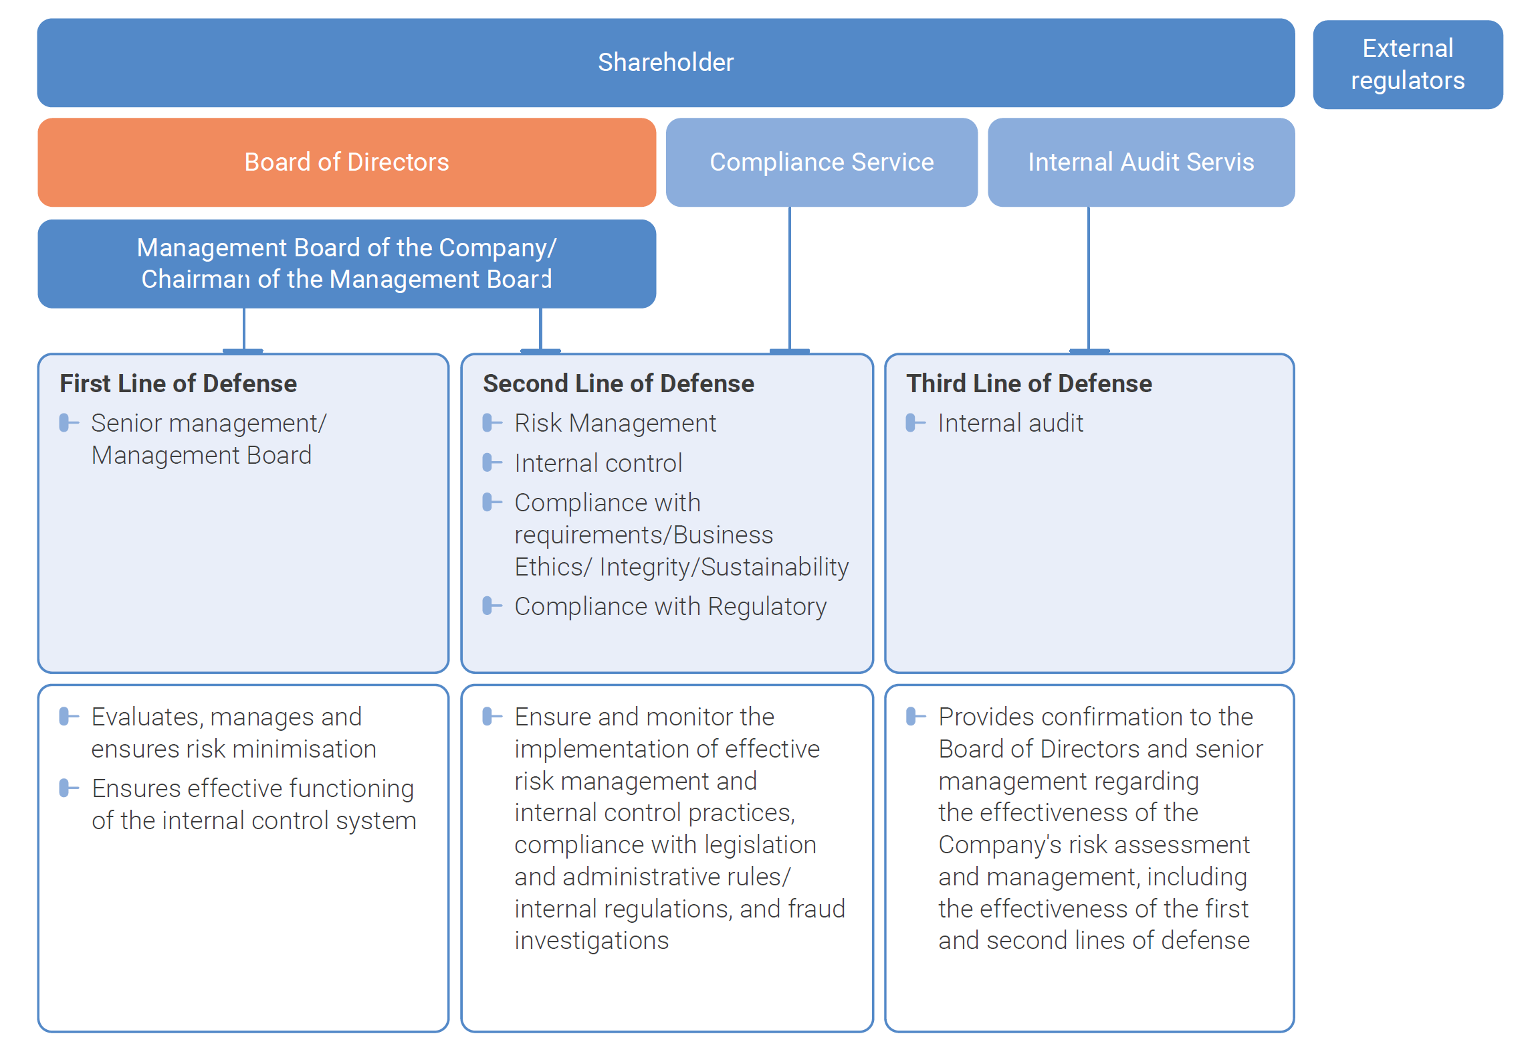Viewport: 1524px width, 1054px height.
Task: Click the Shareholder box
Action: click(665, 62)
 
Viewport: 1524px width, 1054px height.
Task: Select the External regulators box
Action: click(1407, 64)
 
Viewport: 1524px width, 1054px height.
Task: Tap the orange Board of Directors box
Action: click(346, 162)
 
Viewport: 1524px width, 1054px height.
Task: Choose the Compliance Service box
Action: click(821, 162)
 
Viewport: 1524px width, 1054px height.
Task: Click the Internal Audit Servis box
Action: click(1140, 162)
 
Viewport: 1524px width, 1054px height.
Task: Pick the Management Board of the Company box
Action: click(346, 263)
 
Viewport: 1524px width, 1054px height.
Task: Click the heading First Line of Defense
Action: click(178, 383)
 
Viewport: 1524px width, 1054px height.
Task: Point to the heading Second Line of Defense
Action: click(618, 383)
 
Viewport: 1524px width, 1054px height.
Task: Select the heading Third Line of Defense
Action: click(1028, 383)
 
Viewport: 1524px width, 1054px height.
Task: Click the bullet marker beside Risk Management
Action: click(492, 423)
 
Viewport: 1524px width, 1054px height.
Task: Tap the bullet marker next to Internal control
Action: click(492, 462)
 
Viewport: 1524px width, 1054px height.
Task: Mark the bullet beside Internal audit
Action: click(915, 423)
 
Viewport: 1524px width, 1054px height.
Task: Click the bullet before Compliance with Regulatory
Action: click(492, 606)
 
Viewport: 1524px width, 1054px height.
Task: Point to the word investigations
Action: click(591, 940)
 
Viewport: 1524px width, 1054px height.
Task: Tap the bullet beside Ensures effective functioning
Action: click(69, 788)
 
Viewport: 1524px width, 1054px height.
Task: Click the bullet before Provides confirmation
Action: click(915, 717)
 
